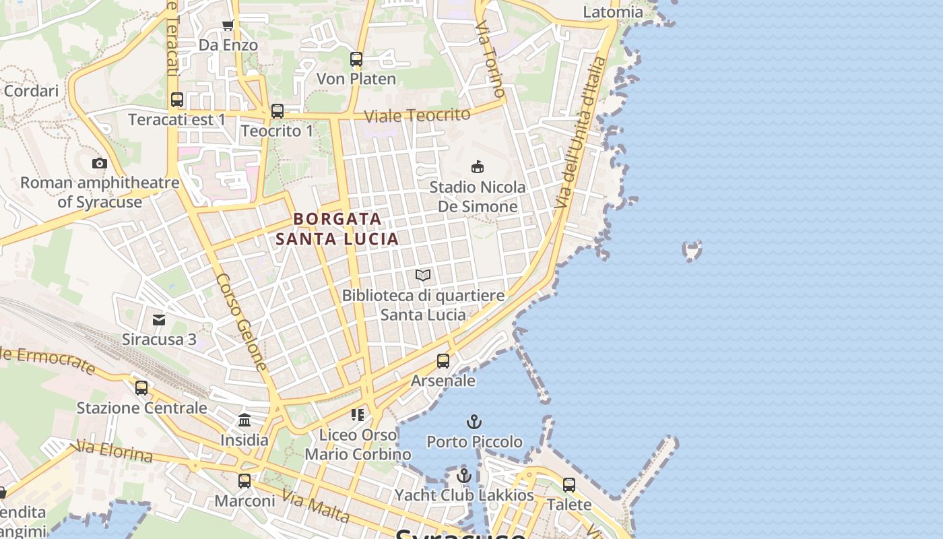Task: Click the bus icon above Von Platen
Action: coord(356,59)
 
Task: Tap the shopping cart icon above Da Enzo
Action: coord(228,26)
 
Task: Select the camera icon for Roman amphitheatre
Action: coord(100,163)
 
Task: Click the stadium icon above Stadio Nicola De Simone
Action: coord(478,166)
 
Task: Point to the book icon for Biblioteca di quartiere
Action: coord(423,275)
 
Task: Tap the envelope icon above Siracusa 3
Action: coord(159,319)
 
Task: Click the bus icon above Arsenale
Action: coord(443,361)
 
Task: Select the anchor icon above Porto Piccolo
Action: coord(475,422)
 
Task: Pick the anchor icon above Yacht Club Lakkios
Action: coord(463,476)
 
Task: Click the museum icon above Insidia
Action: coord(245,420)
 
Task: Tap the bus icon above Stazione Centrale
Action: coord(141,388)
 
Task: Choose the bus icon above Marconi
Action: coord(245,481)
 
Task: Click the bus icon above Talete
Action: coord(569,485)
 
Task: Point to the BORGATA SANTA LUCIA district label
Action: coord(337,228)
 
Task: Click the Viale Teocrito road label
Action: coord(417,115)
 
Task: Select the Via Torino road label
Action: coord(490,58)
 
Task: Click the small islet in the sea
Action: coord(692,251)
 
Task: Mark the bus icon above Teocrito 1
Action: coord(278,111)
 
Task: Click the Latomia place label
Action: coord(613,12)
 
